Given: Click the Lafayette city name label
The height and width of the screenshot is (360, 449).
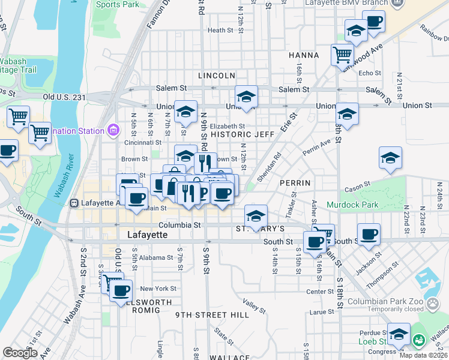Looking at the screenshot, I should coord(148,235).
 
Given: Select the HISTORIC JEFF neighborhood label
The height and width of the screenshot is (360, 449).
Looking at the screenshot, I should coord(242,135).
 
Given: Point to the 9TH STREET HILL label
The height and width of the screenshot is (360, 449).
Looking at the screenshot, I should coord(203,314).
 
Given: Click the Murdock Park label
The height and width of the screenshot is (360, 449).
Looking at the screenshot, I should coord(352,205).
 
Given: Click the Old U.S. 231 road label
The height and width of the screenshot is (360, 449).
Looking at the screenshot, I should coord(65,97).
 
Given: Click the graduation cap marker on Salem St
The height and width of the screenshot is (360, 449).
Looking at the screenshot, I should coord(246,97).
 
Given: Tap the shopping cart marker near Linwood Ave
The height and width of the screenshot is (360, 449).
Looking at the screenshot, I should coord(342,55).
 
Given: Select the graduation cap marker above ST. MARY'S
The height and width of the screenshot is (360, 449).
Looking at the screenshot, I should coord(256,214).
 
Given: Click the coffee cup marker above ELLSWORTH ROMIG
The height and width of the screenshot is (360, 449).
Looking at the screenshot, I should coord(122,290).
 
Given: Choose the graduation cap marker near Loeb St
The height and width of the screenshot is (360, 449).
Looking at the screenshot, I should coord(399,334).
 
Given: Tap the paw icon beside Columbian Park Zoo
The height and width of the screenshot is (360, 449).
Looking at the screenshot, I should coord(433,305).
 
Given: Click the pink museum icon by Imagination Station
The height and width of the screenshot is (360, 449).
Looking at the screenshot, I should coord(112,130).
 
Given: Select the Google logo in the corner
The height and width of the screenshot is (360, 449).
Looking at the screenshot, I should coord(20,353).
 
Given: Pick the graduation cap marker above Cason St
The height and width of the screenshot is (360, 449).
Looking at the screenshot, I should coord(390,158).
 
